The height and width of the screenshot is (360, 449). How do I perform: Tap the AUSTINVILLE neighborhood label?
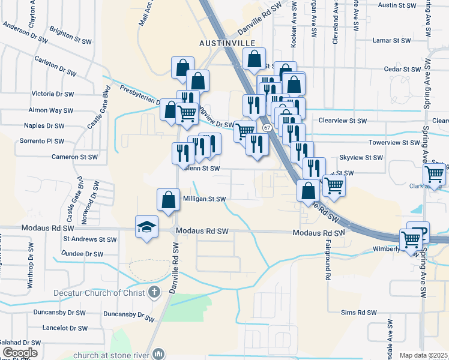pos(228,43)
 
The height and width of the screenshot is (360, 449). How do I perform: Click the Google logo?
pos(20,353)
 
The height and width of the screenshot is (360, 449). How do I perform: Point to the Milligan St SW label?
pos(204,199)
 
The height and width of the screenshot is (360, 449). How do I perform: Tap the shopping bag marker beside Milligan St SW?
pos(169,200)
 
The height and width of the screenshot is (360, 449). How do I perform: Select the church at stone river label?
pos(112,355)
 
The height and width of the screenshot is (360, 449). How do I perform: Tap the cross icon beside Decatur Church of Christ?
pos(154,293)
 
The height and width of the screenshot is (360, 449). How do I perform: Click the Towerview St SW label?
pos(394,143)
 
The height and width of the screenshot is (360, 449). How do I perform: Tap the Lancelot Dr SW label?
pos(65,328)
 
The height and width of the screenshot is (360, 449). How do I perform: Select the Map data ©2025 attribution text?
pos(424,355)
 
